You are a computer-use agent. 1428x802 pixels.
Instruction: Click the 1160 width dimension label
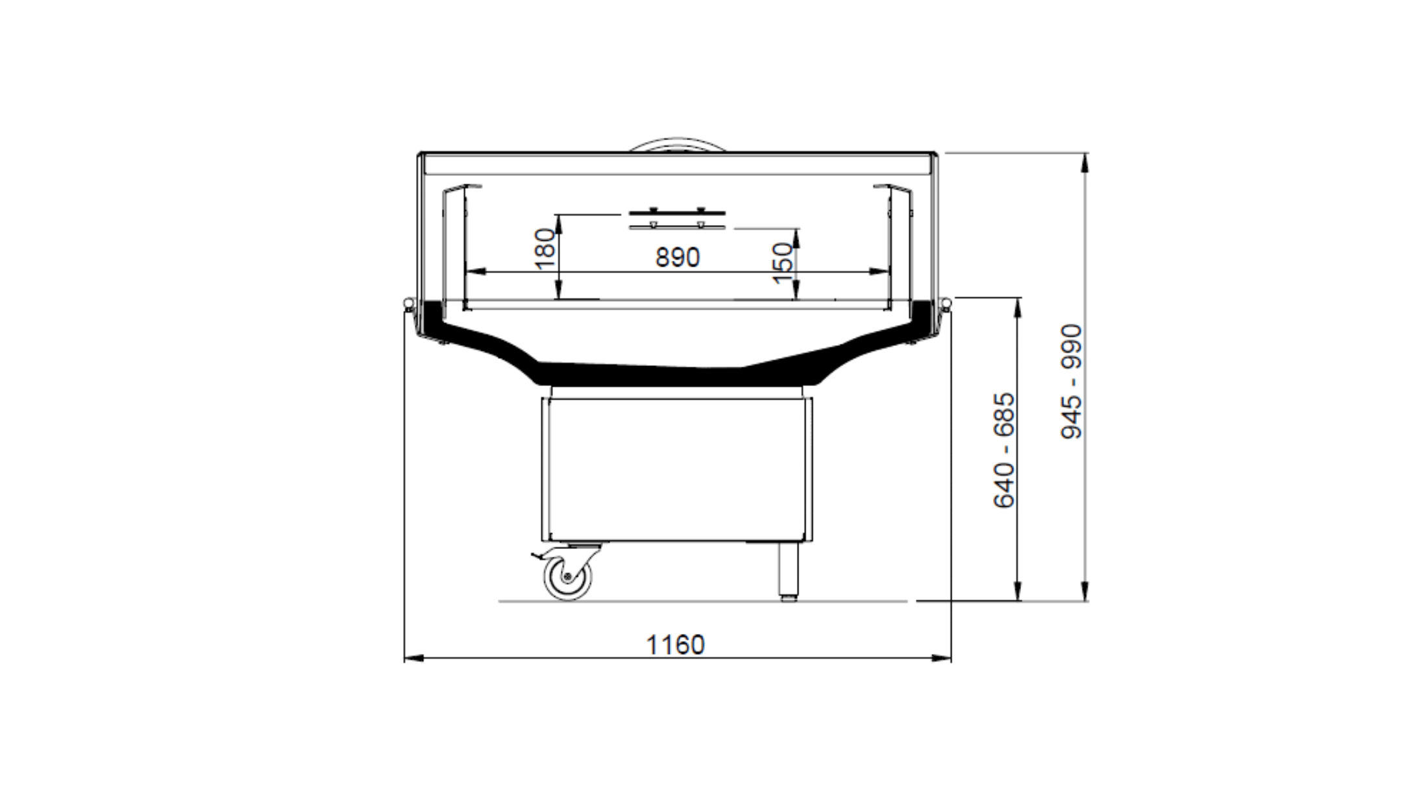[675, 645]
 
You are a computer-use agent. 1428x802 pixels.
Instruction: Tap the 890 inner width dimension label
[678, 258]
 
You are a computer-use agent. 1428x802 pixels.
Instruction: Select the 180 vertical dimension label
[546, 248]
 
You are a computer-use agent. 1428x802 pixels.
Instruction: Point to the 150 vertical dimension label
[784, 262]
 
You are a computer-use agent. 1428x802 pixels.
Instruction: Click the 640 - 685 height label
[1004, 450]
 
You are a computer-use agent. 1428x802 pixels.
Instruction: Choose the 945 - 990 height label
[1072, 382]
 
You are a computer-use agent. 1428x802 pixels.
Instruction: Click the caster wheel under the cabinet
[568, 576]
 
